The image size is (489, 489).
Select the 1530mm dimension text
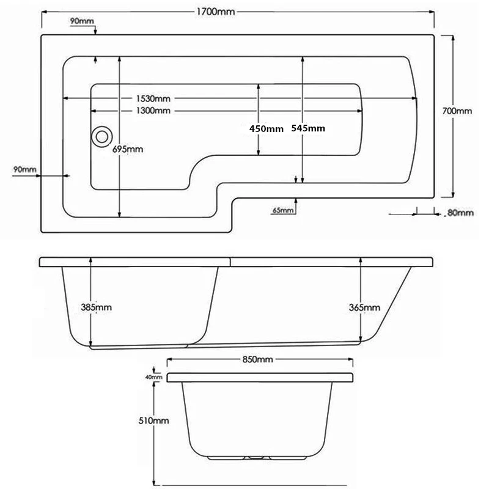[x=153, y=99]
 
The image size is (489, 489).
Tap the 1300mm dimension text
[x=153, y=111]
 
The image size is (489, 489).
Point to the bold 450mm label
[x=267, y=128]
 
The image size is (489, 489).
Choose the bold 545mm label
[x=308, y=128]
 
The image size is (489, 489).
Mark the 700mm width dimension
[x=458, y=111]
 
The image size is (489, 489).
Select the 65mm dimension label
[x=283, y=211]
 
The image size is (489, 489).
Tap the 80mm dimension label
[x=461, y=213]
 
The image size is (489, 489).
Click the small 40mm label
[x=153, y=377]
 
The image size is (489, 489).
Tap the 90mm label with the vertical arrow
[x=82, y=21]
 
